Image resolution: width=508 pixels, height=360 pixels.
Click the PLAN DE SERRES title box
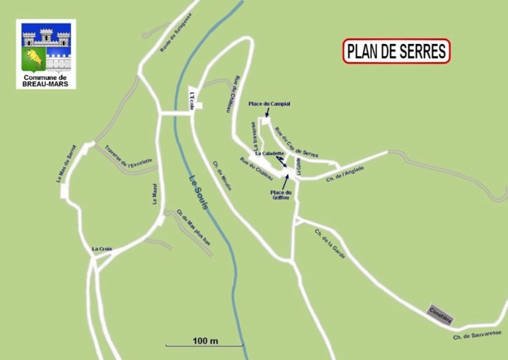coord(396,51)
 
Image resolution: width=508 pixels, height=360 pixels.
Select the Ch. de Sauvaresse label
coord(477,335)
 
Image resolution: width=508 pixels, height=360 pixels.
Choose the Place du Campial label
coord(269,104)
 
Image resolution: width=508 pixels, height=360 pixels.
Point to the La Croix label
coord(102,248)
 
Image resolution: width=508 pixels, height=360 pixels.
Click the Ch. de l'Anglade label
coord(344,173)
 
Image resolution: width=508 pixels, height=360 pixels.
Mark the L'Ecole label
coord(193,98)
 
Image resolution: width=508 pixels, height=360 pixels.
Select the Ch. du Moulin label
coord(221,174)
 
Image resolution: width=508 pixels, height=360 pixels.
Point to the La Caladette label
coord(269,153)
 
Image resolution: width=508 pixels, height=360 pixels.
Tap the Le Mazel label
coord(152,194)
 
